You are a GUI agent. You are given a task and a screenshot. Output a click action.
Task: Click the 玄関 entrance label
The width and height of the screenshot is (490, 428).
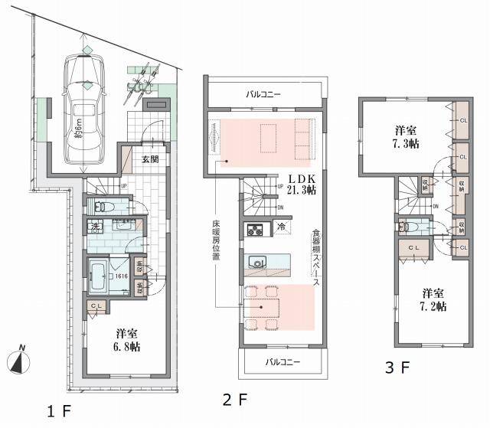tap(150, 159)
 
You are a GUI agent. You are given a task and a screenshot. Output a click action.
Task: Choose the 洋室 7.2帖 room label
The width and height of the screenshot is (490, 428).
tap(433, 299)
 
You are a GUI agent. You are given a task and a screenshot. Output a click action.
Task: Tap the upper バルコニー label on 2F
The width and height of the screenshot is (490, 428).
tap(263, 95)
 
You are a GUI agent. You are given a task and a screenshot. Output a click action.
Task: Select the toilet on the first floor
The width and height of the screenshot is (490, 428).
tap(103, 206)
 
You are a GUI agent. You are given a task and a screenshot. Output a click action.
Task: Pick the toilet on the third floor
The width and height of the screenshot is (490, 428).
tap(406, 226)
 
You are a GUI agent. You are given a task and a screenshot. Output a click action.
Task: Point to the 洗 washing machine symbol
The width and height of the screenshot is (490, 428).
tap(96, 227)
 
